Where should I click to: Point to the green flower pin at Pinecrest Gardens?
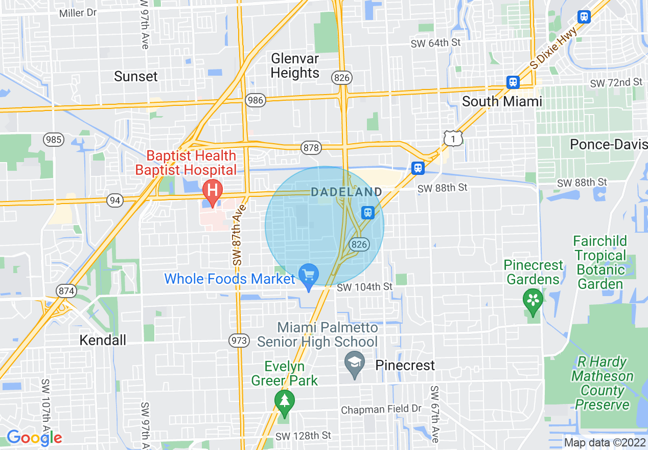point(533,300)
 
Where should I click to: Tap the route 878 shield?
point(311,148)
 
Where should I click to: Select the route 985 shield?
point(54,139)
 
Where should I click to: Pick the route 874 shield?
point(67,291)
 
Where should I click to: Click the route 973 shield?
point(240,340)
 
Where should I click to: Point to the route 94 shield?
point(115,200)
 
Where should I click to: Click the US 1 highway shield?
point(453,138)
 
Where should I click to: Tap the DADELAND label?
point(346,192)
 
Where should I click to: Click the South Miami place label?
point(502,101)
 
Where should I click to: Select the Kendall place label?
point(103,340)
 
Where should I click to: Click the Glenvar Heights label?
point(295,65)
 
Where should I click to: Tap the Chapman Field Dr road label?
point(381,409)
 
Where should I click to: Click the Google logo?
point(34,438)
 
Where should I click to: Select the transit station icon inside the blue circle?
point(367,212)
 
